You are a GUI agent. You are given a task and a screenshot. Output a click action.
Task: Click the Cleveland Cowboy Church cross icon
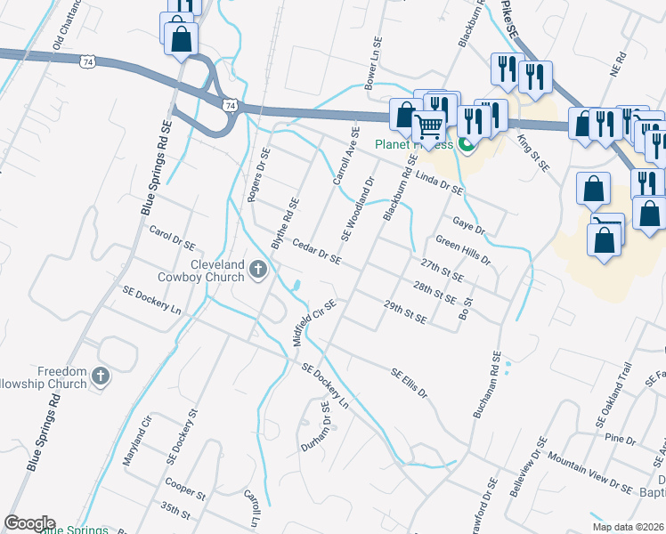coord(258,268)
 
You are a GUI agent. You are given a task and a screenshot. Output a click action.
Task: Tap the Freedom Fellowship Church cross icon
coord(100,376)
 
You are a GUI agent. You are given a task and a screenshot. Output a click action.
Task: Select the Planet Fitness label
coord(412,144)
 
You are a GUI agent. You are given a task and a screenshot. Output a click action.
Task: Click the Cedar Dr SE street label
coord(317,252)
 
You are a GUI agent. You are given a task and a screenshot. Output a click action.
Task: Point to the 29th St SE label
coord(405,311)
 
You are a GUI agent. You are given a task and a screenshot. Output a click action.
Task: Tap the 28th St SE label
coord(435,293)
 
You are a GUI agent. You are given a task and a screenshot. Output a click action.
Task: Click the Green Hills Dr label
coord(463,250)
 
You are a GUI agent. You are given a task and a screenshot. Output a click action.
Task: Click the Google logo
coord(29,523)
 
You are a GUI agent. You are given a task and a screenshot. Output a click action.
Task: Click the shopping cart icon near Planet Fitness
coord(429,127)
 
